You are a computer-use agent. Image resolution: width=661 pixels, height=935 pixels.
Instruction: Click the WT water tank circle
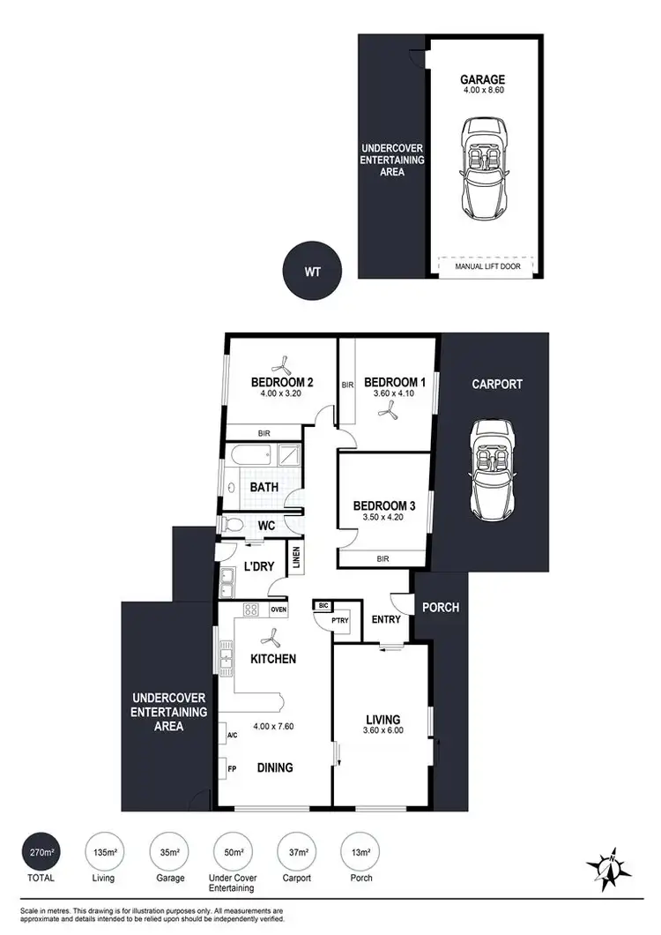coord(312,272)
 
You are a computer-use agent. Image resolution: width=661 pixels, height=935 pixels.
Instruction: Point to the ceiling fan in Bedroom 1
coord(384,418)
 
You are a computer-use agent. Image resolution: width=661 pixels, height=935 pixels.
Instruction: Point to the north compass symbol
coord(608,868)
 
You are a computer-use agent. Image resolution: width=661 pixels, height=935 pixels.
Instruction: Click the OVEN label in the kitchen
coord(279,610)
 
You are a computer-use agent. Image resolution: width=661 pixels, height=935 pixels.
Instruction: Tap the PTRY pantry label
coord(339,620)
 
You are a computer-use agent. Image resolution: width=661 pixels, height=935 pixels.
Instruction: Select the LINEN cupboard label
coord(297,557)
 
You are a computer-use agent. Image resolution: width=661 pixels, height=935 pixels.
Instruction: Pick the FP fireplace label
coord(231,767)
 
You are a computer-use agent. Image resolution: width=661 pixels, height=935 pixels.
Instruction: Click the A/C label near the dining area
coord(232,735)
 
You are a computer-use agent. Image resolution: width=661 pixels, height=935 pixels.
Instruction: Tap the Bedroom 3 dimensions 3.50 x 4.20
coord(382,518)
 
